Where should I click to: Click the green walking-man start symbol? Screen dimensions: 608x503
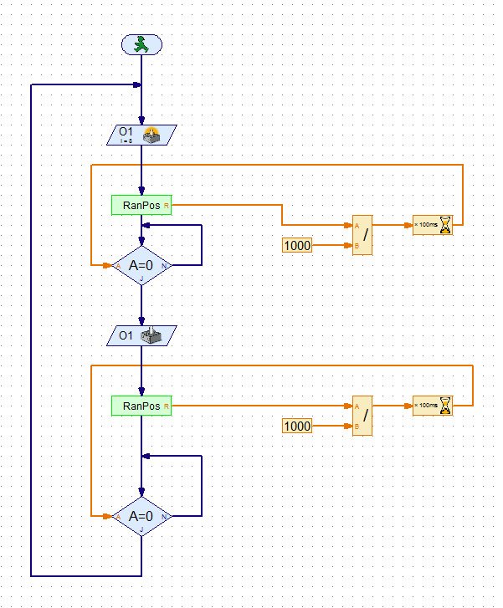click(x=141, y=45)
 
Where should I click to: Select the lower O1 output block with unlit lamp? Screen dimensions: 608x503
click(x=141, y=336)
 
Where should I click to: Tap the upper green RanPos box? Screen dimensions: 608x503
click(x=141, y=204)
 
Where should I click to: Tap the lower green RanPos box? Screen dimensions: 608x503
click(x=141, y=406)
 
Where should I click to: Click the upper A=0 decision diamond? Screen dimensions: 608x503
click(x=141, y=265)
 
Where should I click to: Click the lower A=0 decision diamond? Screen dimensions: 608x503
click(x=141, y=516)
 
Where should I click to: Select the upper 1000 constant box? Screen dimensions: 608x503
click(x=297, y=245)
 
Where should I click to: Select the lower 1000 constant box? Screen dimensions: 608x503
click(x=297, y=426)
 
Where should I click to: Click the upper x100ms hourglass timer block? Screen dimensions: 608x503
click(x=433, y=226)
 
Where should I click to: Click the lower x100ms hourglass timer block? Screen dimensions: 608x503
click(x=433, y=406)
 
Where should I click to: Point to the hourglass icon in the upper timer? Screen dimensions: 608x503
click(x=445, y=226)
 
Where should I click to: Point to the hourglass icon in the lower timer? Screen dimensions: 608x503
click(x=445, y=406)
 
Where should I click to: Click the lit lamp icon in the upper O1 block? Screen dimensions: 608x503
click(x=154, y=134)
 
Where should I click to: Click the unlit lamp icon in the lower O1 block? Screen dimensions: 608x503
click(x=154, y=336)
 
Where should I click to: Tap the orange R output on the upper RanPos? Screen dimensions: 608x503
click(x=167, y=204)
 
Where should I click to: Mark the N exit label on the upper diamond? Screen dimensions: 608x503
click(x=165, y=266)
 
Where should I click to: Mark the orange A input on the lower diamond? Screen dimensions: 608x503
click(x=118, y=517)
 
